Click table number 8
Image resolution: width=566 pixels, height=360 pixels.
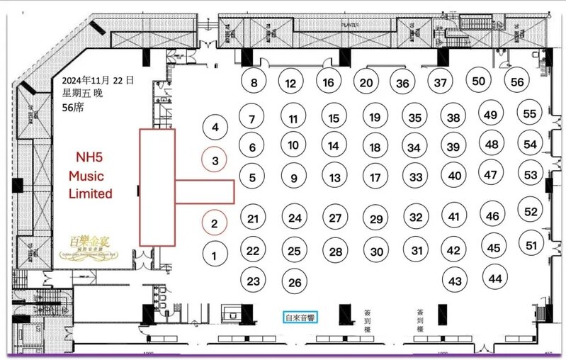coord(254,83)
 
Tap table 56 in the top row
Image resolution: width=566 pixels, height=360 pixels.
coord(517,82)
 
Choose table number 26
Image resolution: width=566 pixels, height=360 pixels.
coord(295,282)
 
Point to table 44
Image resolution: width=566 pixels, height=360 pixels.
coord(495,279)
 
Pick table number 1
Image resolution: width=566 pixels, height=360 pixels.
coord(215,252)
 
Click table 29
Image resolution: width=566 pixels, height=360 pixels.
coord(376,219)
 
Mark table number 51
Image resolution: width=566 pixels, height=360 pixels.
coord(532,246)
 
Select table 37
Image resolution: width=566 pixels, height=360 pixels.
coord(441,83)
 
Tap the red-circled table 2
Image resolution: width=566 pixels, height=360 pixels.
coord(215,223)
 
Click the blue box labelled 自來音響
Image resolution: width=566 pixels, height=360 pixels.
coord(301,317)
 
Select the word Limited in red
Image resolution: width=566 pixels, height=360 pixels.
coord(90,193)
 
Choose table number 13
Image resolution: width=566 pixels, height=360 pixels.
coord(335,178)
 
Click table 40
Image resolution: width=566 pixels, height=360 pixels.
coord(455,176)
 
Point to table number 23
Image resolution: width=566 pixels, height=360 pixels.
coord(254,281)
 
